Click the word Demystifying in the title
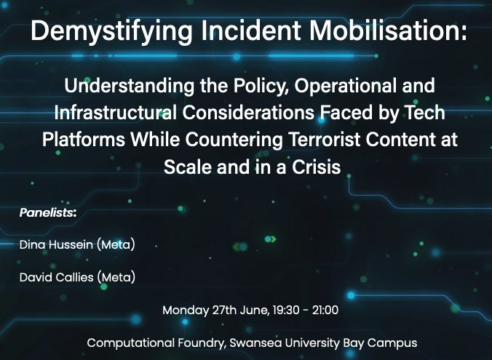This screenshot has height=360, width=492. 111,31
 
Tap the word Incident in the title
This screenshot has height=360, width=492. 251,31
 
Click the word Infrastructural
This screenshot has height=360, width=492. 115,112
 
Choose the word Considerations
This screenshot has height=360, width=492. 248,112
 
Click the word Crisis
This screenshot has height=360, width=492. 317,167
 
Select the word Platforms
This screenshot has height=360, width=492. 84,139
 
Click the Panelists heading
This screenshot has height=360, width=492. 48,212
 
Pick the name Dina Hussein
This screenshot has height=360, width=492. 56,244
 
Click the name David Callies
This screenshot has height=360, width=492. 57,277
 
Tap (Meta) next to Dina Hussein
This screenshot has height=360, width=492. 116,244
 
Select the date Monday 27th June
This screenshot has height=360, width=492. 216,311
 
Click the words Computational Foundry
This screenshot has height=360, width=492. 156,343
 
